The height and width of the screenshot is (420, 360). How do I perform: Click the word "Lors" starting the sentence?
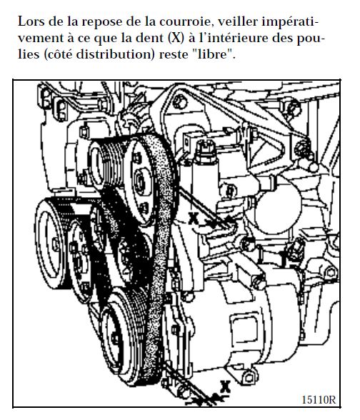click(31, 21)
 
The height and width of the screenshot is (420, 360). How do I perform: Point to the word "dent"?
click(150, 38)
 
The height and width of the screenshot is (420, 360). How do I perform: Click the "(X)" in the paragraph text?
click(176, 39)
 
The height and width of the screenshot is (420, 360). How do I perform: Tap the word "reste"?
click(172, 55)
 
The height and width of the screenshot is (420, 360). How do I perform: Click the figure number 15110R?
click(319, 399)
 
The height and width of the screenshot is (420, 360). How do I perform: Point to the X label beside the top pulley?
click(194, 219)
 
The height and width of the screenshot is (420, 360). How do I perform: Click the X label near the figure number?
click(225, 386)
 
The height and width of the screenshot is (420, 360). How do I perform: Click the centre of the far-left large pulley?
click(55, 244)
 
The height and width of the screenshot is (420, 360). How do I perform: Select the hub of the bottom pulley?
click(115, 339)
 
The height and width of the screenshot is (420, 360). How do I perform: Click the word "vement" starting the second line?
click(41, 39)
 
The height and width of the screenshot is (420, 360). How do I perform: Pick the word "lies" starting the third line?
click(29, 54)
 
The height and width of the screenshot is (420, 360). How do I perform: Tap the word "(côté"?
click(58, 54)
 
